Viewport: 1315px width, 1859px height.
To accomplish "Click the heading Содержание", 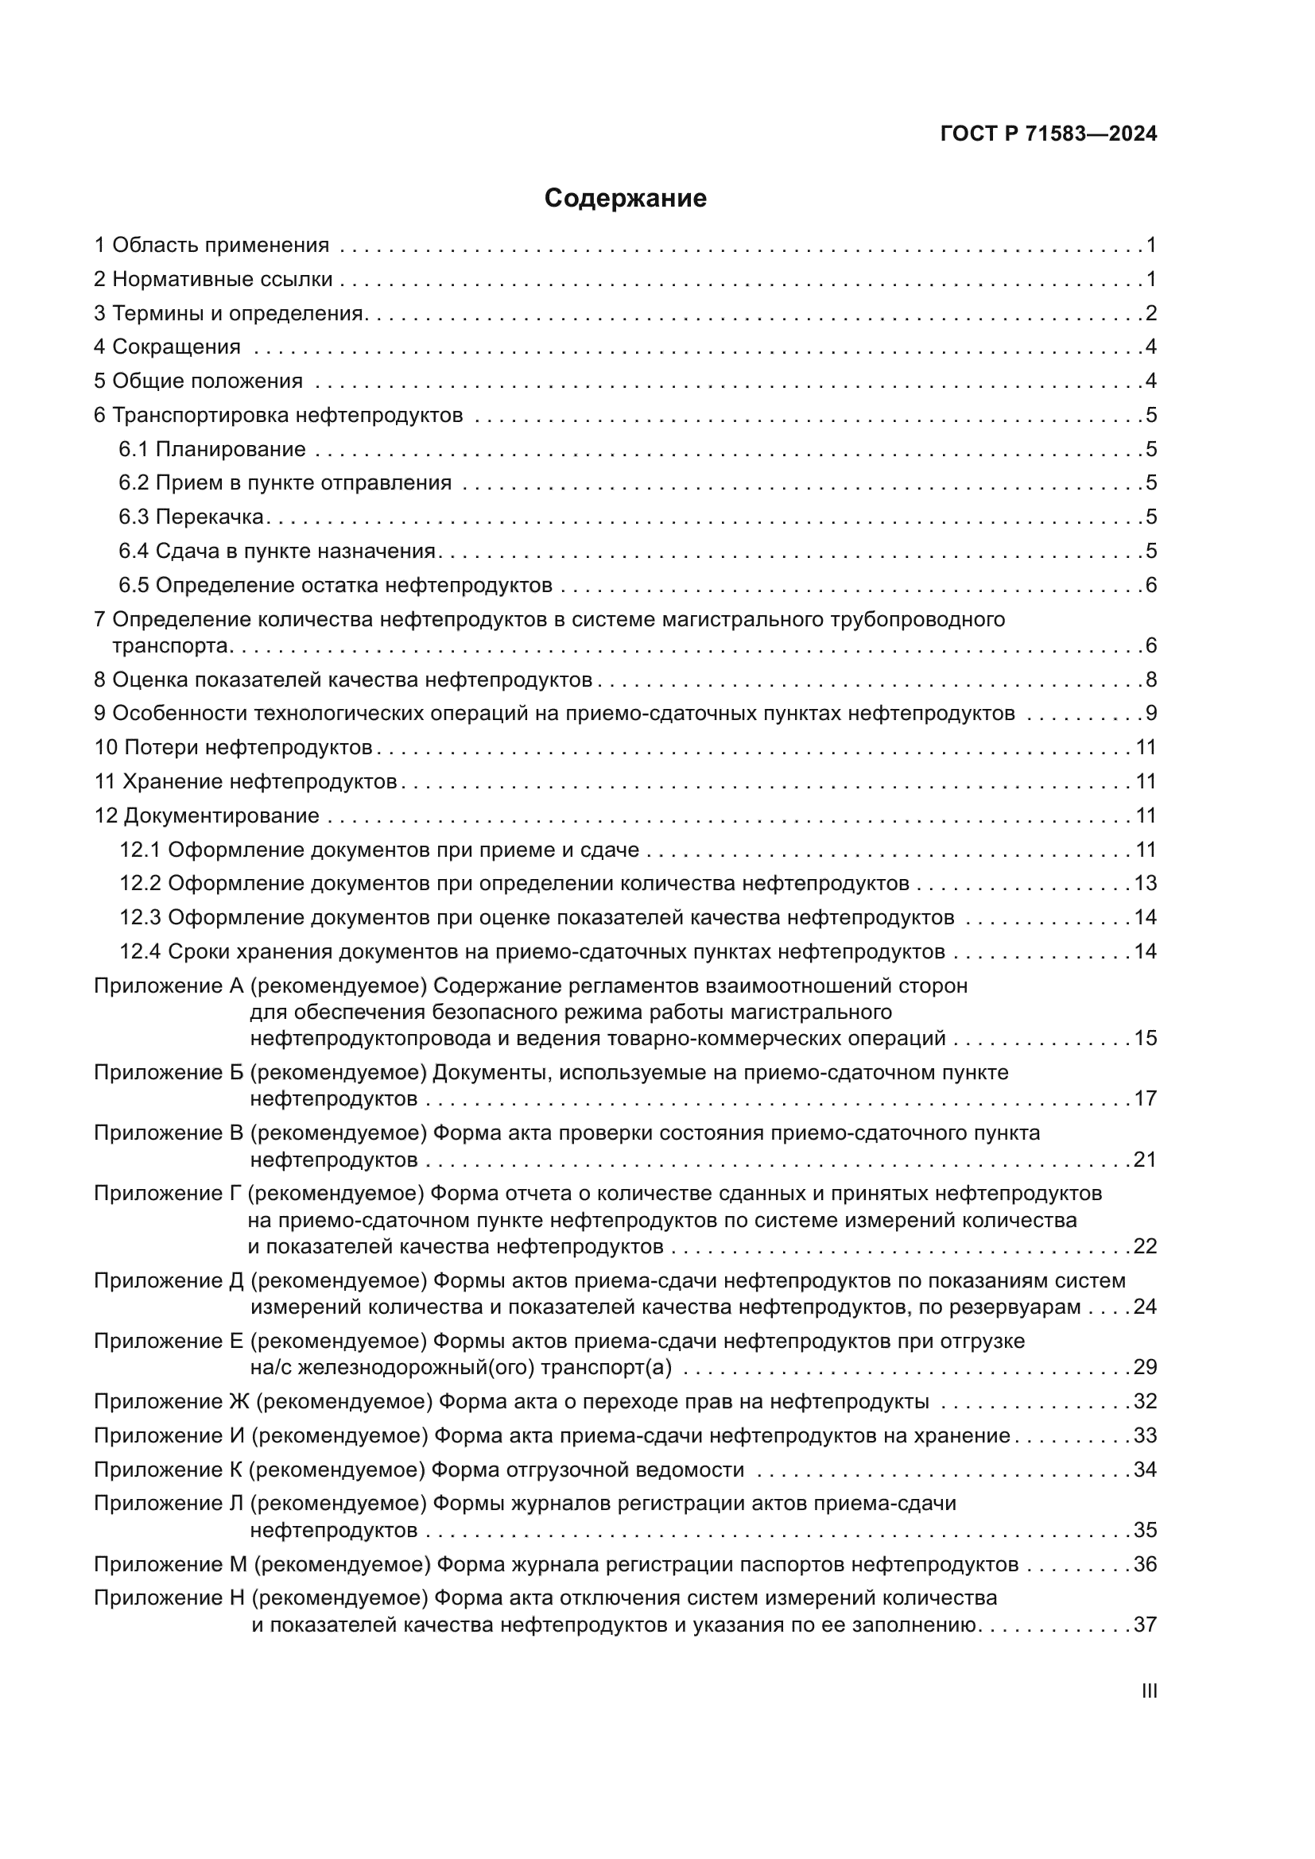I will [625, 199].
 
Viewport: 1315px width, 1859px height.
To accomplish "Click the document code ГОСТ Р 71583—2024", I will [1049, 134].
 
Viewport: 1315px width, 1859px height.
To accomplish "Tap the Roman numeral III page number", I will [1148, 1691].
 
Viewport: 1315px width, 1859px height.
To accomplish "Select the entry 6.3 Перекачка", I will [191, 517].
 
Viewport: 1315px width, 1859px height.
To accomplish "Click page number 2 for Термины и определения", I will [1150, 313].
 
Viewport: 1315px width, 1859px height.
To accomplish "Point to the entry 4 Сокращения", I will [168, 347].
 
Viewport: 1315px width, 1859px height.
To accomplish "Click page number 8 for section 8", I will [1150, 680].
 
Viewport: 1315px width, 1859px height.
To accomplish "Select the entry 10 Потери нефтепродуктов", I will [233, 747].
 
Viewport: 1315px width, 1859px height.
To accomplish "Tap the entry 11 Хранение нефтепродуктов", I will [246, 781].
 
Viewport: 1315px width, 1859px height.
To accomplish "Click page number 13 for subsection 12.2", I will [1145, 883].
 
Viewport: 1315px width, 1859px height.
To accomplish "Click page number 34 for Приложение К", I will [1145, 1470].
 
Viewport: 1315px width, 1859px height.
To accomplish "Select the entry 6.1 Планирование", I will [212, 449].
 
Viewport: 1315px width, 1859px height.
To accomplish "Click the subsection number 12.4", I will [140, 951].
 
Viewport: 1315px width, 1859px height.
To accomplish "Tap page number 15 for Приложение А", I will [1145, 1039].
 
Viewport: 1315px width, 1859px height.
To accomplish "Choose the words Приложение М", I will [170, 1564].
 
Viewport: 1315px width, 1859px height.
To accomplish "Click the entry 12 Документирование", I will [208, 815].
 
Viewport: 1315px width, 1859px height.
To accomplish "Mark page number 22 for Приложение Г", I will [1145, 1246].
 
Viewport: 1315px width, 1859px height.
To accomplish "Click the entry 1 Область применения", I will [212, 246].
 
